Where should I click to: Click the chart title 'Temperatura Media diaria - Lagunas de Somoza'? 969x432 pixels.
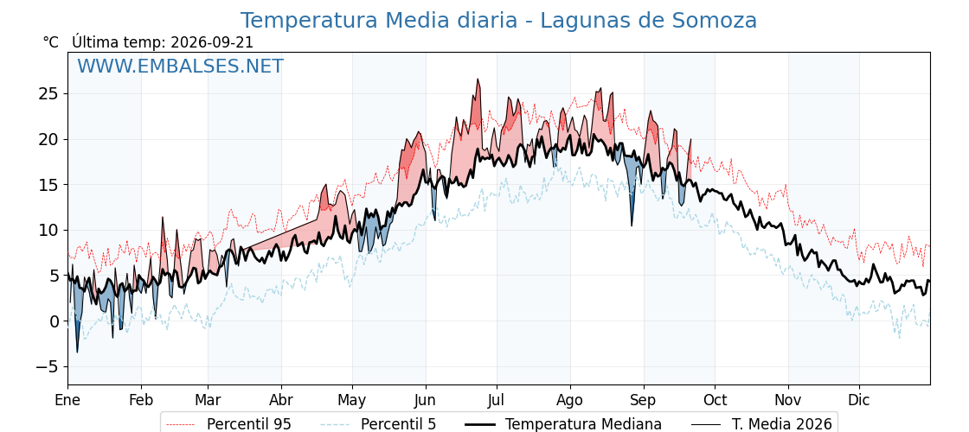[498, 21]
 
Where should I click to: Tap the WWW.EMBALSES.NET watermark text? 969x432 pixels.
[181, 66]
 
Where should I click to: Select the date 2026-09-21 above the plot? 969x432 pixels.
[212, 42]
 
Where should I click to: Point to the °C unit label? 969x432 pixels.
[51, 42]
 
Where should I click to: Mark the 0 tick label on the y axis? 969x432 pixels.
[54, 321]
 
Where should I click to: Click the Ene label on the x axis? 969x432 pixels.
[67, 400]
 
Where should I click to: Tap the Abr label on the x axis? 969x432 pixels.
[281, 400]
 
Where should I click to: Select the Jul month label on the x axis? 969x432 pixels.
[497, 400]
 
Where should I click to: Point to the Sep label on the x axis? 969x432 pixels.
[644, 401]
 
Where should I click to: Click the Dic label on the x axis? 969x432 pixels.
[859, 400]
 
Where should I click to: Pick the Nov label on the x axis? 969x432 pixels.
[788, 400]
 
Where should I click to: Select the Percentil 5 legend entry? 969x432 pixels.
[379, 424]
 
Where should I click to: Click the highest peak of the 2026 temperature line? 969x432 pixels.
[477, 79]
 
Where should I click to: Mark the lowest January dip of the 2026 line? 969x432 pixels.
[77, 352]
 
